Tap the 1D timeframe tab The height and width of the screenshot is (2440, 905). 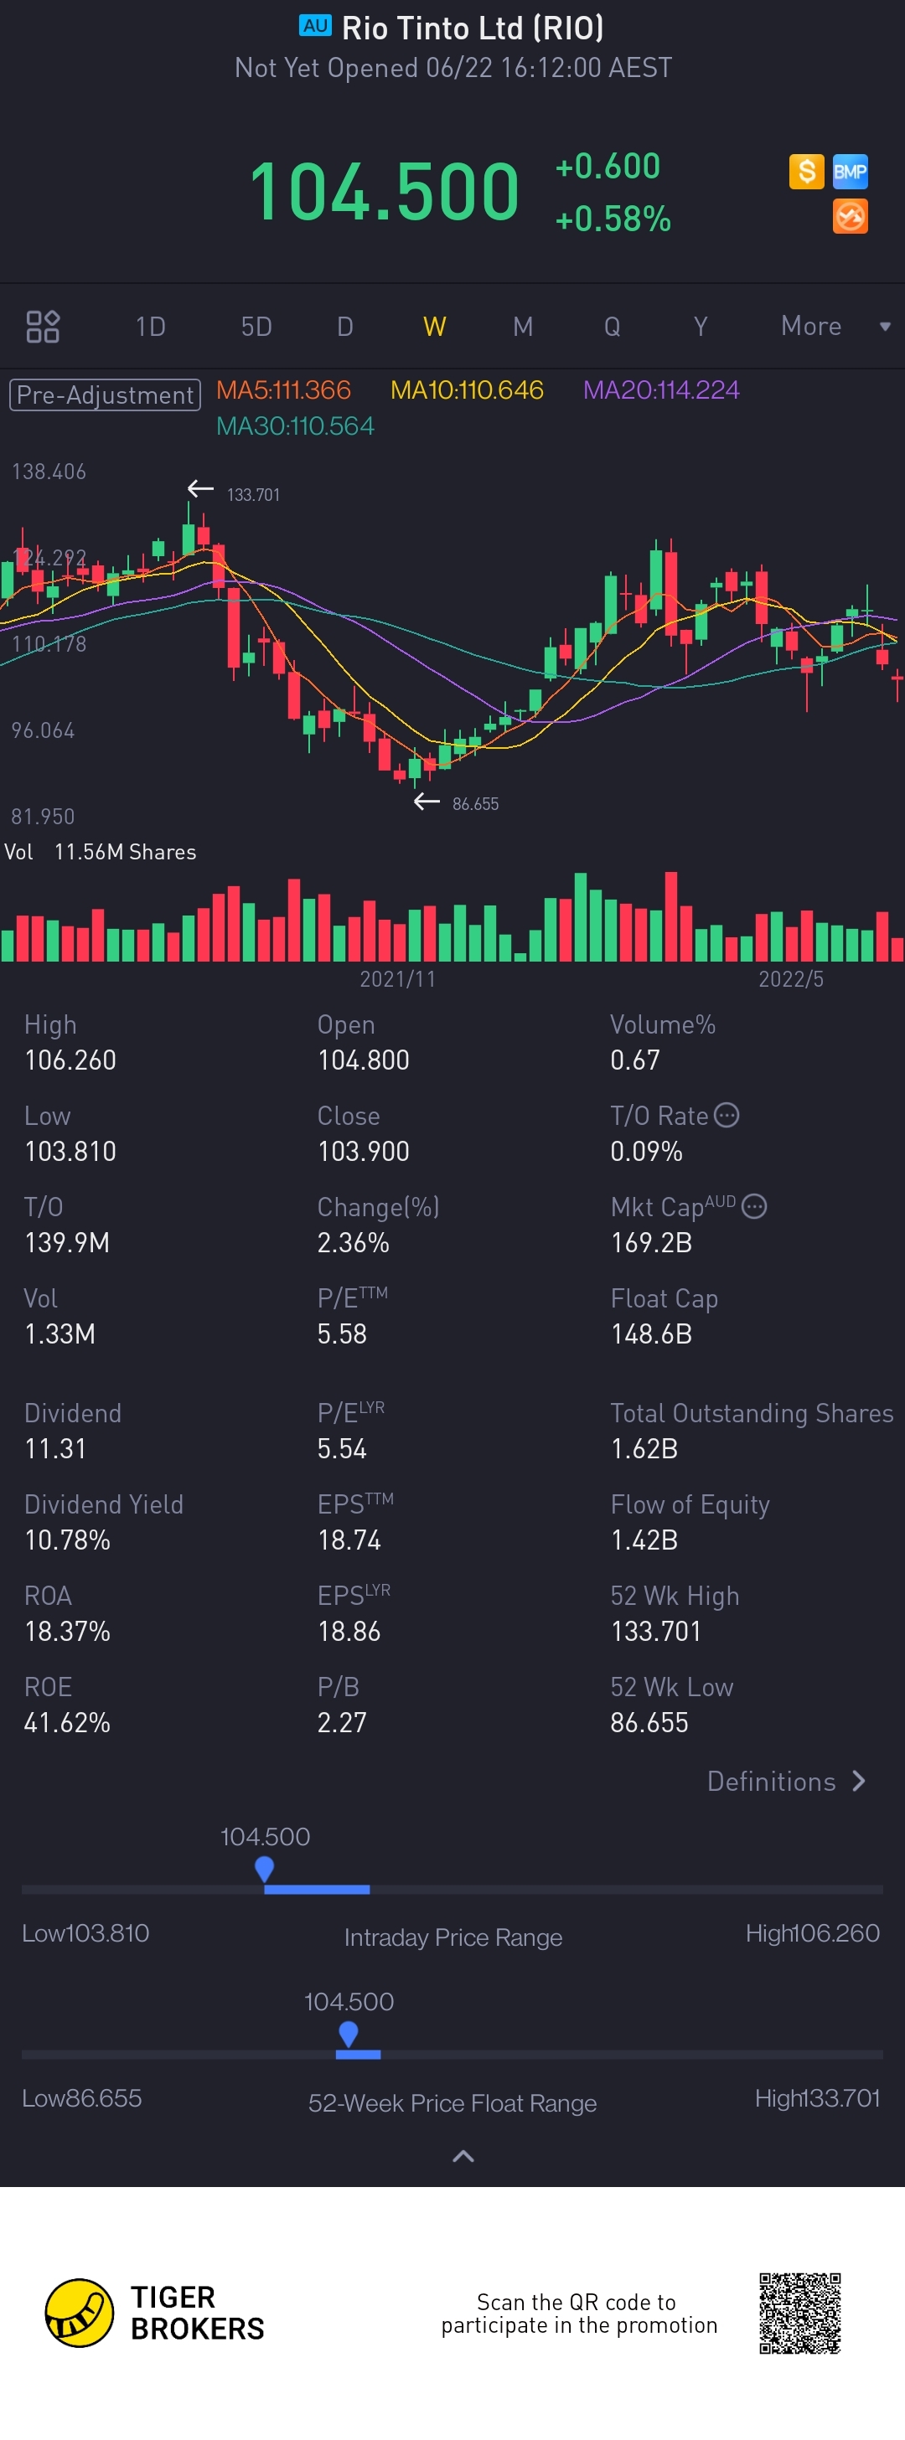click(151, 327)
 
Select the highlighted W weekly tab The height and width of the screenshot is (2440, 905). click(434, 327)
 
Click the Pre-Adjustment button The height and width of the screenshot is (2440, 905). click(106, 395)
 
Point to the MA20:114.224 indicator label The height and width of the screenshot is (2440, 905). click(660, 390)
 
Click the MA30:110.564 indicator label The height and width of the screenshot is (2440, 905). click(295, 426)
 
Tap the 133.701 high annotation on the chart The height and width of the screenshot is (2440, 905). click(253, 494)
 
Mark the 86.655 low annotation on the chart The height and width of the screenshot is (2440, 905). click(475, 804)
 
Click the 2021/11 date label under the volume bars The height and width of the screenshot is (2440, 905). click(397, 979)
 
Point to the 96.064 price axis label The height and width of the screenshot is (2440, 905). click(43, 730)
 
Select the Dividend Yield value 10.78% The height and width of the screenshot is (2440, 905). click(67, 1540)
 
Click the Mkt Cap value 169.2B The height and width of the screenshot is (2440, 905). click(651, 1243)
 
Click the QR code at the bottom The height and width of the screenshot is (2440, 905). click(799, 2313)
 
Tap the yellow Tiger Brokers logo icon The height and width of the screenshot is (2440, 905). click(80, 2313)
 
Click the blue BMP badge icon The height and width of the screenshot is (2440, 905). click(850, 173)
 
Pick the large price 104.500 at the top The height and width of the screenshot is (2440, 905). click(384, 193)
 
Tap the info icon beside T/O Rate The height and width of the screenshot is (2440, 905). click(726, 1115)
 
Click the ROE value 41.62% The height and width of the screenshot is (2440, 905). click(67, 1723)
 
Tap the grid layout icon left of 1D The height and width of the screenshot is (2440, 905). click(43, 327)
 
